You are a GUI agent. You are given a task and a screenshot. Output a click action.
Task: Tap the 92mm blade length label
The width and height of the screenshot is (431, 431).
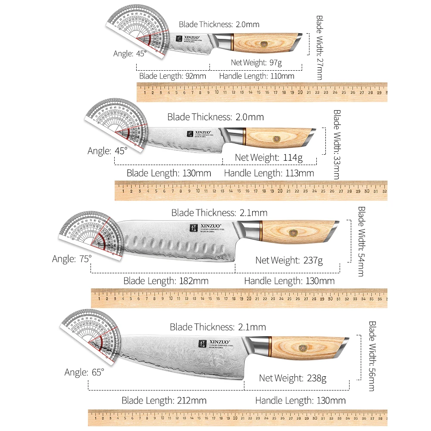(172, 76)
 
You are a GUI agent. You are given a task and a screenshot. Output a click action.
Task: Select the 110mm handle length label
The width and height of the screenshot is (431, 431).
(257, 76)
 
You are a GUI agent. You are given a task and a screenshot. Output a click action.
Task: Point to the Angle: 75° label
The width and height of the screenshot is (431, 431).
(72, 259)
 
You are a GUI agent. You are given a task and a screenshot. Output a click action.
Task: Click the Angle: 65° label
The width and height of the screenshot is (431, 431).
(84, 372)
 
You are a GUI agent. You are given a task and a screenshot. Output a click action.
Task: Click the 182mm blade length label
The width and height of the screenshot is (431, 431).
(166, 281)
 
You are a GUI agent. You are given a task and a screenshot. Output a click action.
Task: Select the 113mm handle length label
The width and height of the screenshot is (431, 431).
(269, 173)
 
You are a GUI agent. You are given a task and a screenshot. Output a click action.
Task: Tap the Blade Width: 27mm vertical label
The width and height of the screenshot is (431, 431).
(319, 47)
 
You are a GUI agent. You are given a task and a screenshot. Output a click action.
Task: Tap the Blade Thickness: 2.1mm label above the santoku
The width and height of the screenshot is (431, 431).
(219, 213)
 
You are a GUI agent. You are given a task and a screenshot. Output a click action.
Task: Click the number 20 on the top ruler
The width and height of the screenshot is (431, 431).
(300, 92)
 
